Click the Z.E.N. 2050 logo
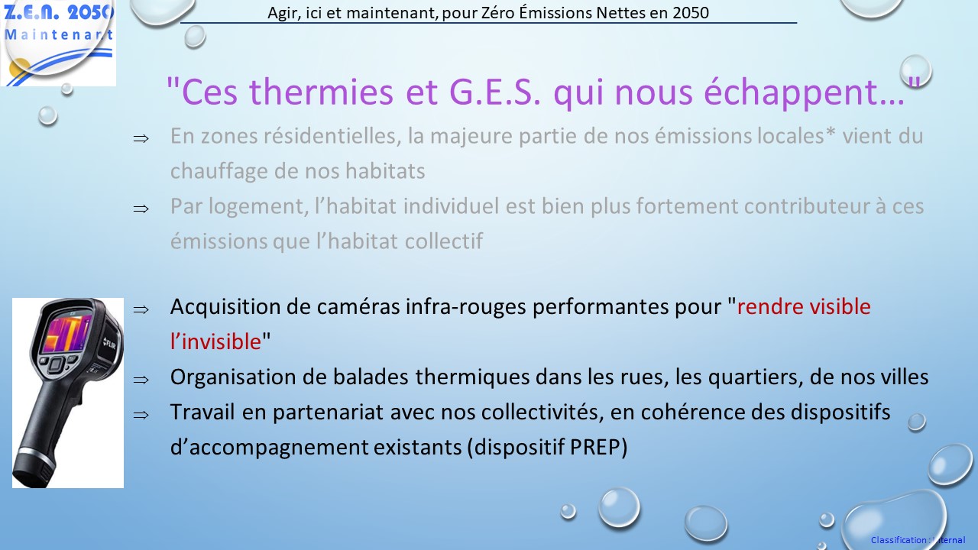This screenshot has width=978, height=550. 58,43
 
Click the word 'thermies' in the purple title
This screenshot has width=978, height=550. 322,92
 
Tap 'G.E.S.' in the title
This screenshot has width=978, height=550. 495,92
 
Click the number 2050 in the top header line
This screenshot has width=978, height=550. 691,13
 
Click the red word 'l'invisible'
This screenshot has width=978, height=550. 215,341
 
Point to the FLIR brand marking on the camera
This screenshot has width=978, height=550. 109,344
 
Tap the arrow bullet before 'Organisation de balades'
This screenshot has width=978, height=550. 141,380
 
